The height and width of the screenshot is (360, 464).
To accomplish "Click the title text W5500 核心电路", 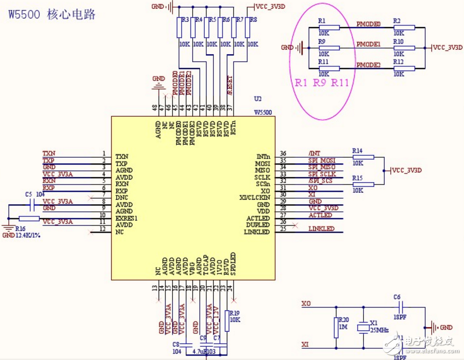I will pyautogui.click(x=51, y=14).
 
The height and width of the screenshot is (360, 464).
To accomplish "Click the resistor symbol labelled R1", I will pyautogui.click(x=329, y=28).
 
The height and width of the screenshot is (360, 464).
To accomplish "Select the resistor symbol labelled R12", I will pyautogui.click(x=404, y=69).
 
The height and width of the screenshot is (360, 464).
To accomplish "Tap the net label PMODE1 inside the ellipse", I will pyautogui.click(x=368, y=44).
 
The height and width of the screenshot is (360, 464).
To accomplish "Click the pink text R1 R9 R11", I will pyautogui.click(x=322, y=83).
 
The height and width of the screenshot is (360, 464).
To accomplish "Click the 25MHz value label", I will pyautogui.click(x=379, y=330).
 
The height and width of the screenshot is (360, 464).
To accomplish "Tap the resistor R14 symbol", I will pyautogui.click(x=363, y=157).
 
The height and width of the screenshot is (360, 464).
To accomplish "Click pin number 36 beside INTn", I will pyautogui.click(x=283, y=154).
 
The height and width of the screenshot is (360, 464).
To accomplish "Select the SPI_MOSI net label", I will pyautogui.click(x=322, y=161).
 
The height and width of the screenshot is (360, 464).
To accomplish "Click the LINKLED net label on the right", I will pyautogui.click(x=321, y=229).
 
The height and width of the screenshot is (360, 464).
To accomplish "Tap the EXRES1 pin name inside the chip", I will pyautogui.click(x=126, y=218).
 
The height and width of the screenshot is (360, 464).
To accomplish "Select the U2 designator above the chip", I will pyautogui.click(x=257, y=99).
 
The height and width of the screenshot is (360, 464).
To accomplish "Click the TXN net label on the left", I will pyautogui.click(x=49, y=153).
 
